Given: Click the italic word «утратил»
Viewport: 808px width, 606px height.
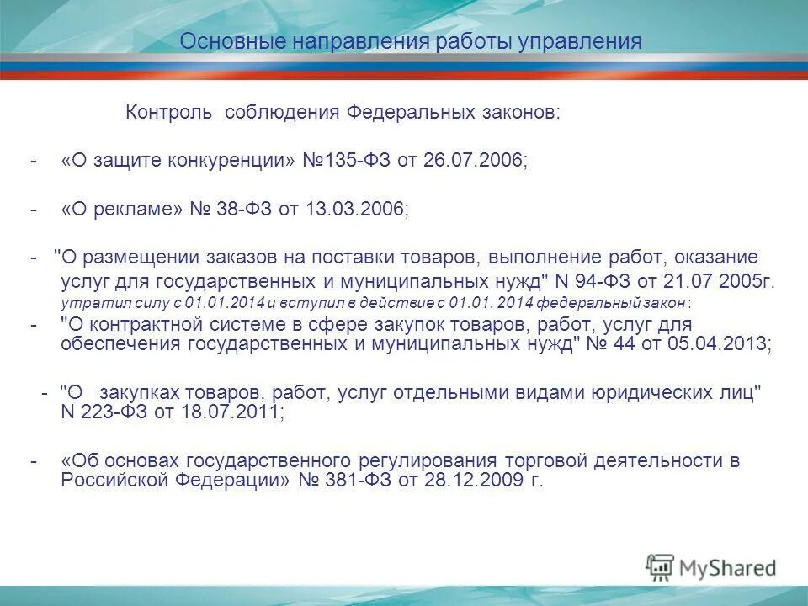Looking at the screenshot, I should click(83, 301).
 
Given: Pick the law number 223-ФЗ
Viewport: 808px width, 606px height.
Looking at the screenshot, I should click(113, 412).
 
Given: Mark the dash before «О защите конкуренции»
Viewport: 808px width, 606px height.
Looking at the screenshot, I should click(34, 161).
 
